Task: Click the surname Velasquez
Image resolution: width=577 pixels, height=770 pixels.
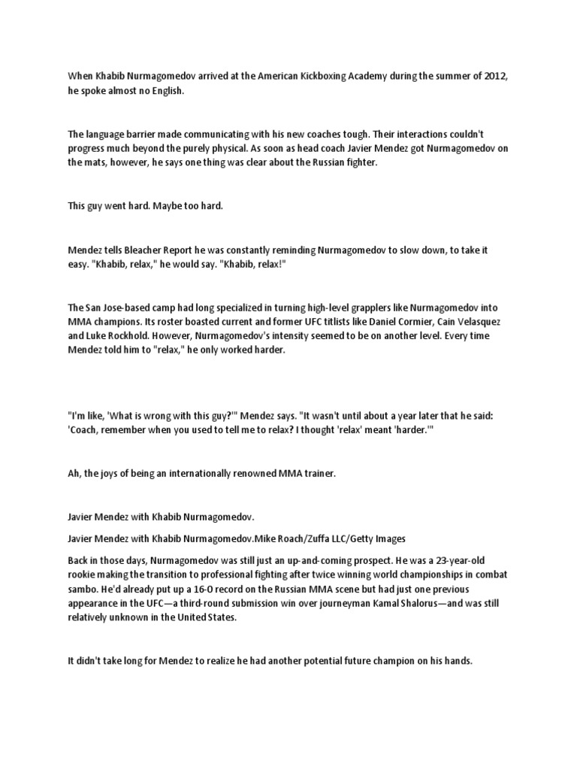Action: coord(476,322)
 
